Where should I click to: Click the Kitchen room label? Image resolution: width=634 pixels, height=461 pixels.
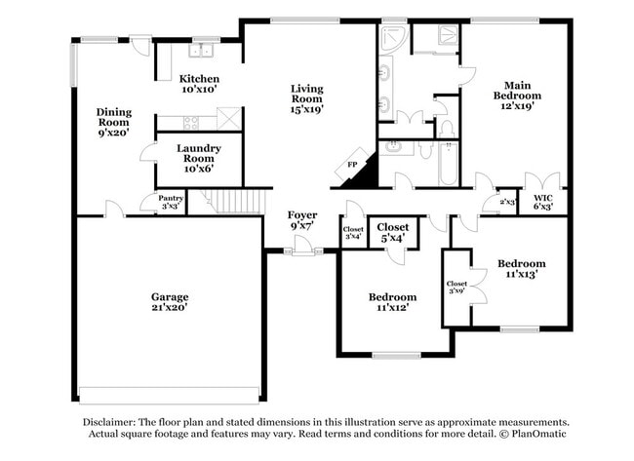(198, 78)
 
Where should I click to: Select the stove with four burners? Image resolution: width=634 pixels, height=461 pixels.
(190, 123)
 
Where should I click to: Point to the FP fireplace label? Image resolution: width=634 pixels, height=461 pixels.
(351, 166)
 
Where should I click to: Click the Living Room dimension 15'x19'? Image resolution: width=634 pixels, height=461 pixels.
(306, 109)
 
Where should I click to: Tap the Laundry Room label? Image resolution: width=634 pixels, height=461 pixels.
(198, 153)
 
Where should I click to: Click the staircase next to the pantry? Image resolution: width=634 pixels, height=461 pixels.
(238, 202)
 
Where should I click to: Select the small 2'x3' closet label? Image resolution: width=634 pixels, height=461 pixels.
(506, 202)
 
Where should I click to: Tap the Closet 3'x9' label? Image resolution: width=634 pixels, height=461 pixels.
(456, 287)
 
